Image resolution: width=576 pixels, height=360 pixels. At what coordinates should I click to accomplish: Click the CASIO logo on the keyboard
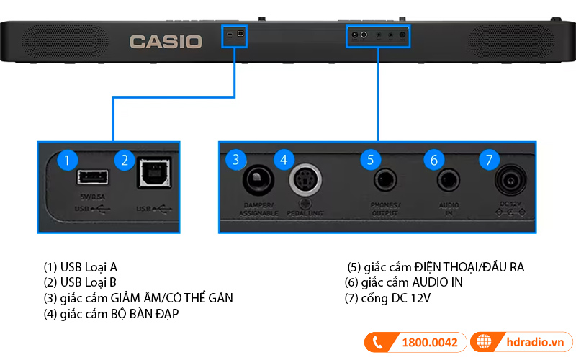[166, 41]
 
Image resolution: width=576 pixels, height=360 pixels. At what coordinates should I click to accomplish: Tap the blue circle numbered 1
[67, 160]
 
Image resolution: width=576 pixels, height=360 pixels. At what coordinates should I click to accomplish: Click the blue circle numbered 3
[236, 159]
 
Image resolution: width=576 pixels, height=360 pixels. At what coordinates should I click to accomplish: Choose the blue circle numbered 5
[370, 159]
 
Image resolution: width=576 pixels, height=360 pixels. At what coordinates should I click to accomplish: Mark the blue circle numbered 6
[433, 159]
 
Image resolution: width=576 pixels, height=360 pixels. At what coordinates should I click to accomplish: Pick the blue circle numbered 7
[489, 159]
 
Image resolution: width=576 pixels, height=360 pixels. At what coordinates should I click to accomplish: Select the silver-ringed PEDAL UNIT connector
[305, 180]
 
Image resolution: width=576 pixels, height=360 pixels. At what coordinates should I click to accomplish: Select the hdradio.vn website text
[532, 342]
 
